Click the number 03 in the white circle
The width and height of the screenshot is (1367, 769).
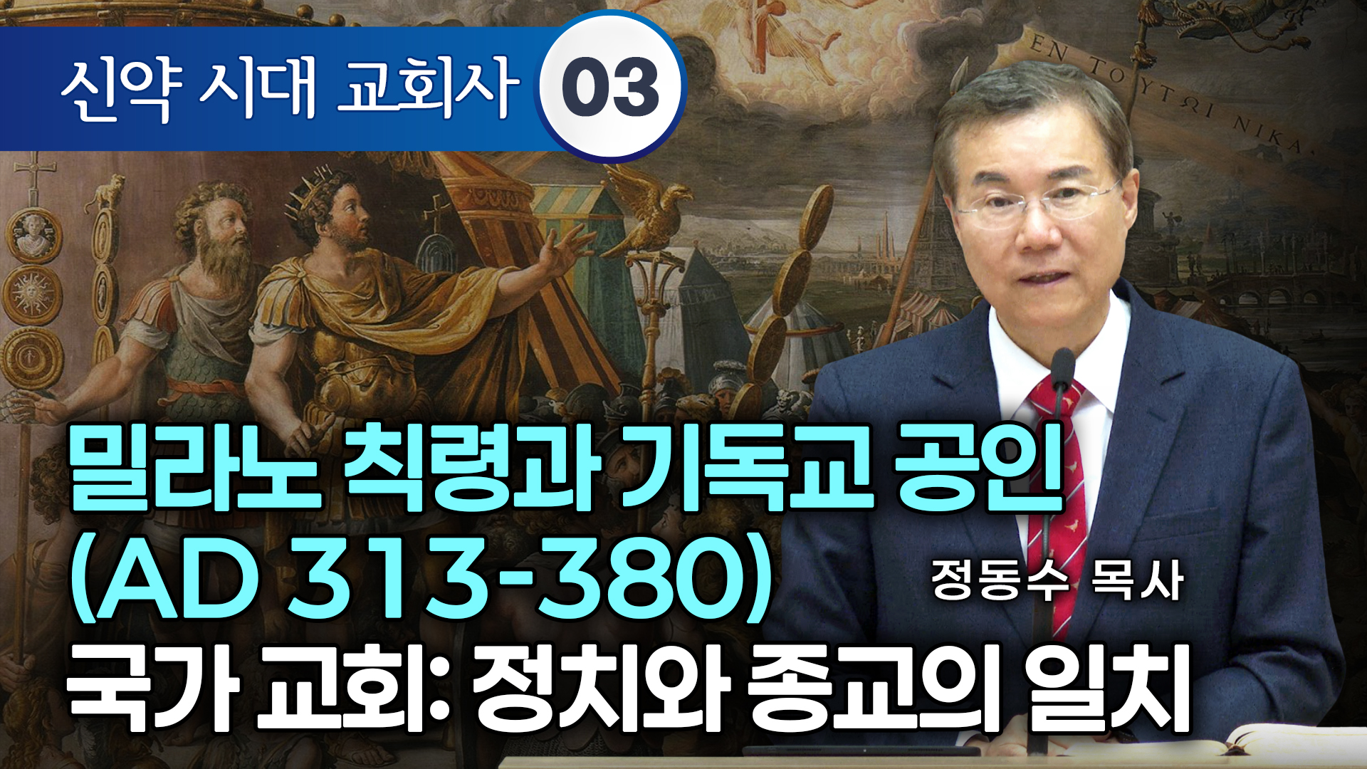pos(611,88)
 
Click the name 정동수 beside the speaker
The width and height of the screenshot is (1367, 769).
pos(1000,580)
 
